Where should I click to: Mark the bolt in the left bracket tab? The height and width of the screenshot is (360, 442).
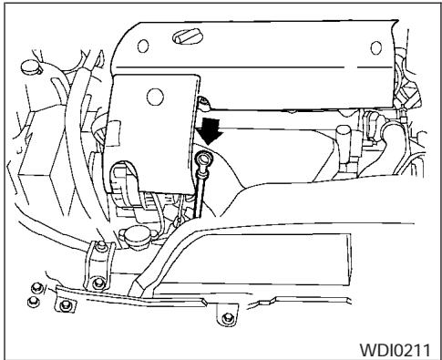(65, 307)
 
